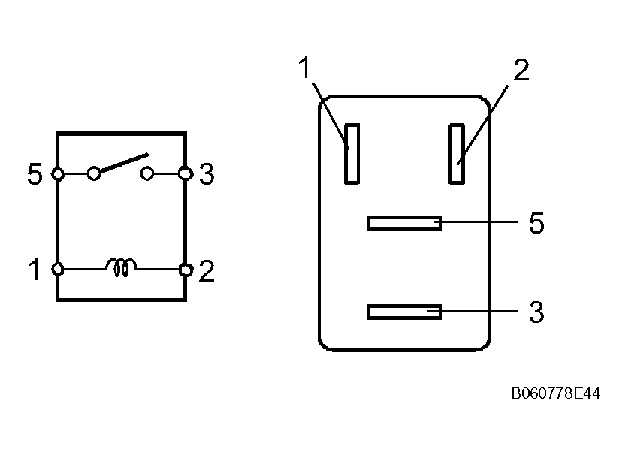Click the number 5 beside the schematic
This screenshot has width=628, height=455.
point(35,175)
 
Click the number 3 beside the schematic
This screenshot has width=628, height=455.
point(207,175)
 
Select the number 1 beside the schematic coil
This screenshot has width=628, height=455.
point(35,270)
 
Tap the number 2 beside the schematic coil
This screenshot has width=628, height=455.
point(207,270)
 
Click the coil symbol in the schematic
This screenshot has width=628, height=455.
point(122,266)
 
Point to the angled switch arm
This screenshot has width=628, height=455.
point(120,164)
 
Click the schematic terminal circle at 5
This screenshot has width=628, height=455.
point(57,175)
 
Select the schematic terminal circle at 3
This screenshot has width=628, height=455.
point(185,175)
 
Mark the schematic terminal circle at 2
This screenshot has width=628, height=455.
point(185,269)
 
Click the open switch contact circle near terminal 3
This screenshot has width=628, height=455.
point(147,174)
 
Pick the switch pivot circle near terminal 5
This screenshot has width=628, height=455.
point(94,174)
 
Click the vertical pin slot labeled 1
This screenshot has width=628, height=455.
point(352,153)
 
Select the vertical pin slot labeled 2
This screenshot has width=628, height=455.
point(456,153)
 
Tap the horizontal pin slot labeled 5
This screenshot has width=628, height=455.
point(404,223)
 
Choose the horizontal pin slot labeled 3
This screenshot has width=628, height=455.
point(404,312)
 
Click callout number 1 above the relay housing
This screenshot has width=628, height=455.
point(304,68)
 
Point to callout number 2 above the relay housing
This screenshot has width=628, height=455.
point(521,70)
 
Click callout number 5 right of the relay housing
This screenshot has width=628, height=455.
point(536,223)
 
